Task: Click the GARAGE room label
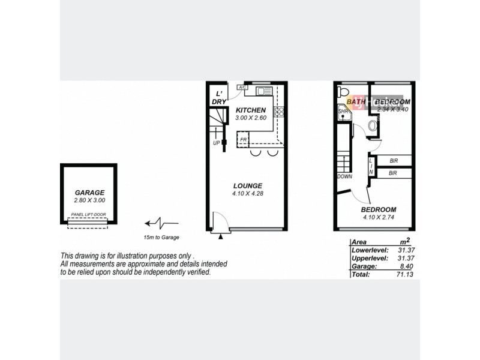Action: [89, 193]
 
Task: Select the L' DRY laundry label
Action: [219, 98]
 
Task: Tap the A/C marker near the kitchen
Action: [242, 88]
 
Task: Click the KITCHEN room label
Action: [251, 110]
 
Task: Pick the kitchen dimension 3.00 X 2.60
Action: [251, 118]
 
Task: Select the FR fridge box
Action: [244, 140]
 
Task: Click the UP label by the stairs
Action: [216, 143]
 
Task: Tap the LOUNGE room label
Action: [247, 185]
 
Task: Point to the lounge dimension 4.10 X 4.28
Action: [247, 193]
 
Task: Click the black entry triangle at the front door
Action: [221, 237]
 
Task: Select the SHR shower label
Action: [343, 112]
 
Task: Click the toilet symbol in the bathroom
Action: [343, 91]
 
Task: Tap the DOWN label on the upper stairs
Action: [344, 176]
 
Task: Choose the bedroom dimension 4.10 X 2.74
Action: [378, 217]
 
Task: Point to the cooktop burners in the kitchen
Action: [278, 111]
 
